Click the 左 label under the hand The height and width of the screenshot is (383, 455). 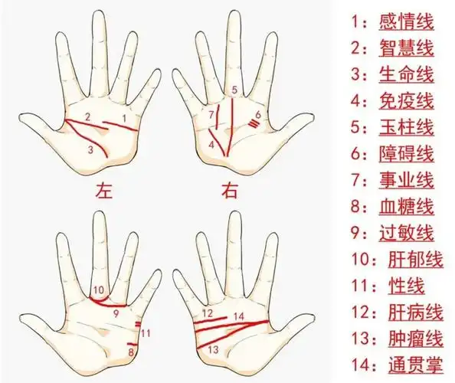tap(103, 188)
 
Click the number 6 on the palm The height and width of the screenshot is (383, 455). tap(258, 115)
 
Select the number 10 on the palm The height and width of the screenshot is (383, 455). tap(98, 290)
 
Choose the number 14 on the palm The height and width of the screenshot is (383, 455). tap(238, 316)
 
